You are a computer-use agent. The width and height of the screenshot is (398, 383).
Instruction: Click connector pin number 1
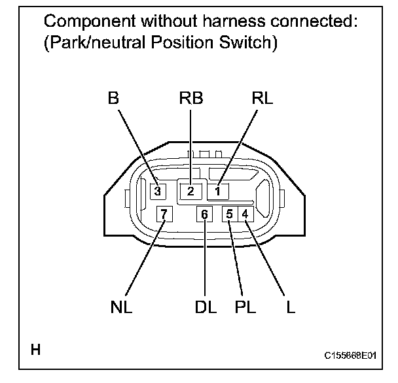219,191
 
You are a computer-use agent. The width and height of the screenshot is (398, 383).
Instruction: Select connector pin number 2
190,191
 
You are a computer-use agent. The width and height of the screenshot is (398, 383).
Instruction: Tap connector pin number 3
158,191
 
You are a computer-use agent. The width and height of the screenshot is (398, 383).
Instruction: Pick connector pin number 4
244,214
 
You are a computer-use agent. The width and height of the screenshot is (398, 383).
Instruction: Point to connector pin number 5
230,214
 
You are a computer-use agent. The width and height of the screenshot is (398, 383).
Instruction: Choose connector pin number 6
205,214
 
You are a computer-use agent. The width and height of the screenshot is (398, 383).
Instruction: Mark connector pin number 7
164,214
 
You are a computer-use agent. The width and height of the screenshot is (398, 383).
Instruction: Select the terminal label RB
190,99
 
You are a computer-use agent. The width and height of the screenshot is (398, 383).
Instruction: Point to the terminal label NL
122,307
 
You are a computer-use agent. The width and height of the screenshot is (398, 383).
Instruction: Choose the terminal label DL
206,307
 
